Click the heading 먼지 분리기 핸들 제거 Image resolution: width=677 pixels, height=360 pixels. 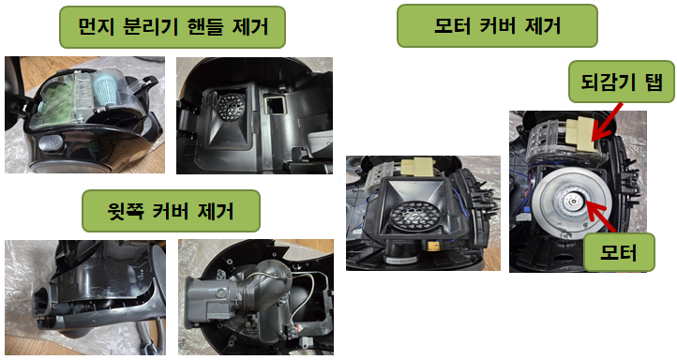tap(173, 27)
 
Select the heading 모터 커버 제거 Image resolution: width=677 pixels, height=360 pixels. tap(497, 25)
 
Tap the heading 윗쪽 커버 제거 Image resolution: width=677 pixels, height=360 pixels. tap(171, 211)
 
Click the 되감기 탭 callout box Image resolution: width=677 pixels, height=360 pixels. tap(622, 82)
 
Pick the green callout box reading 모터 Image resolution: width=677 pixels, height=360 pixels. tap(619, 252)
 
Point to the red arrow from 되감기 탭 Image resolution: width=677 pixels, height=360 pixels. tap(607, 121)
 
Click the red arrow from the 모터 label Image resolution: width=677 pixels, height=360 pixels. tap(601, 217)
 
